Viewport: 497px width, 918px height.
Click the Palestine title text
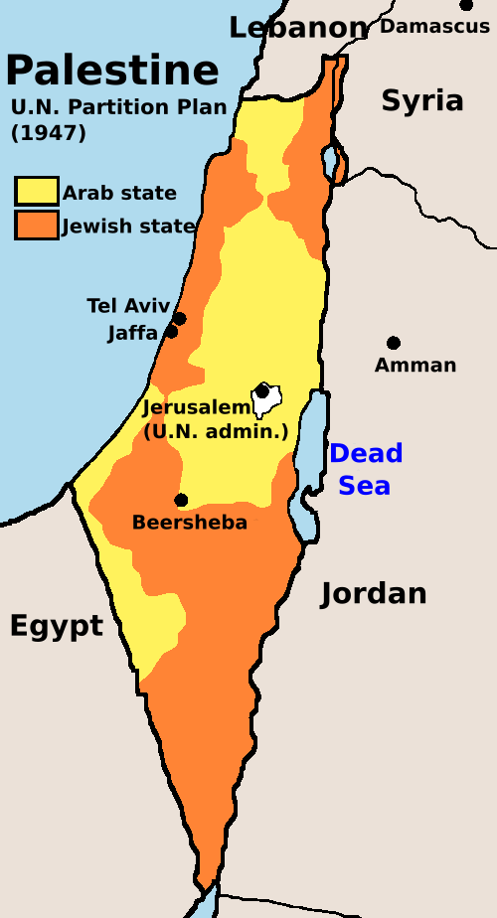click(x=111, y=71)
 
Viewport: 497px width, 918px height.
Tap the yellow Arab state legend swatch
click(x=36, y=192)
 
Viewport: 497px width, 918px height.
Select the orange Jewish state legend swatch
click(x=36, y=226)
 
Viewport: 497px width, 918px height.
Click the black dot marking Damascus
click(x=466, y=5)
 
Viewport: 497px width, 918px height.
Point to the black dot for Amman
click(x=394, y=343)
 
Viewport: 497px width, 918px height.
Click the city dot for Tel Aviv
click(x=180, y=319)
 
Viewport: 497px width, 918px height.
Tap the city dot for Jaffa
click(x=171, y=332)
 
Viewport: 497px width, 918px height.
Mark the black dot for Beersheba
click(x=181, y=501)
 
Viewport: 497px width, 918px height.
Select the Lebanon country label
click(x=298, y=27)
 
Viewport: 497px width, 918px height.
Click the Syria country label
click(x=422, y=100)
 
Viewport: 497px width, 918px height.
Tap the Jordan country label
click(x=373, y=594)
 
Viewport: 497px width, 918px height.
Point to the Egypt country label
click(x=56, y=626)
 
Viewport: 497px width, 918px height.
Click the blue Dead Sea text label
click(x=366, y=469)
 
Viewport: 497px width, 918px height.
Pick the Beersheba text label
click(x=189, y=523)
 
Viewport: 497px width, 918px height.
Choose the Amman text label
click(x=415, y=366)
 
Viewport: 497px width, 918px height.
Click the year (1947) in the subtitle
click(x=48, y=132)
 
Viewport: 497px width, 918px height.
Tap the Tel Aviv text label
click(x=128, y=306)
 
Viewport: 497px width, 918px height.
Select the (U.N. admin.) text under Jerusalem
click(x=216, y=431)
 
